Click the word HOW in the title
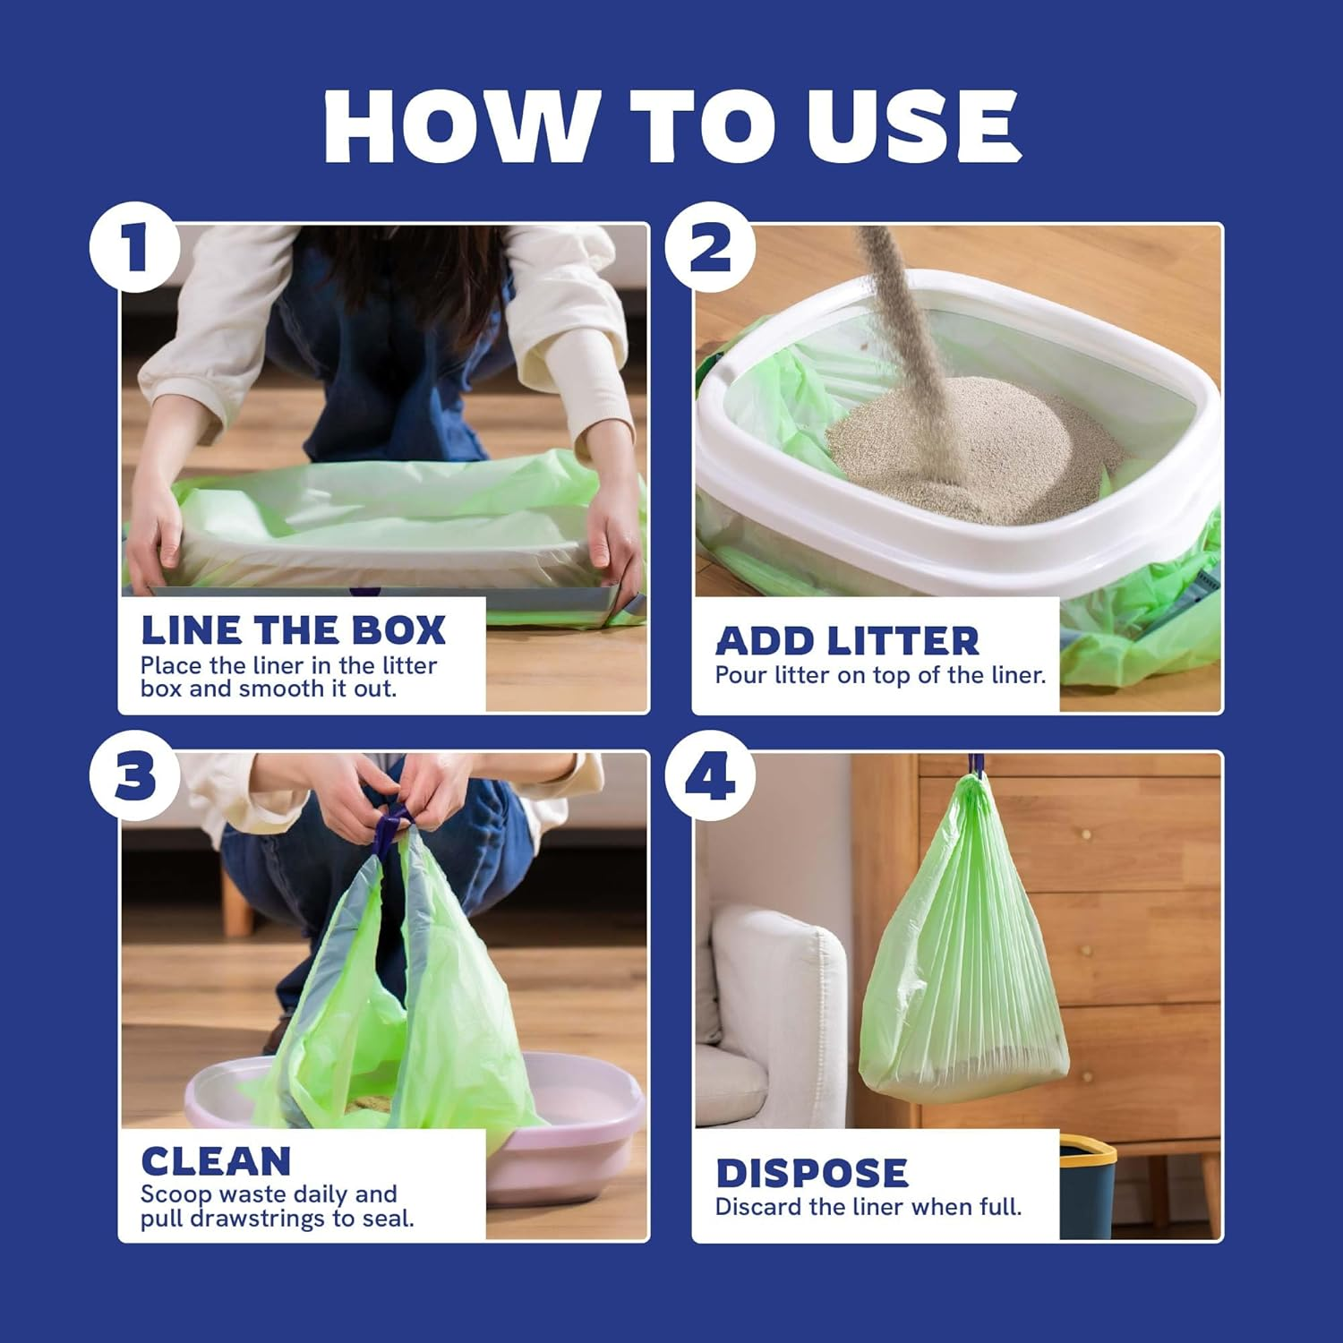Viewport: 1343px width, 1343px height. click(x=460, y=126)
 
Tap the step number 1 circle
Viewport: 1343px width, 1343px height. click(x=134, y=247)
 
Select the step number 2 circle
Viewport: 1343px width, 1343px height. click(x=709, y=247)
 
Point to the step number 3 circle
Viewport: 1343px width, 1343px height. click(x=134, y=775)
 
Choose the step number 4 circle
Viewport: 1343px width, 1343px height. click(x=709, y=775)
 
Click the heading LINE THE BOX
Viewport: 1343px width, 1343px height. click(x=293, y=630)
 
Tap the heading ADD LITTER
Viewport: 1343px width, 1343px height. click(x=847, y=641)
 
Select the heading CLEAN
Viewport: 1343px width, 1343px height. click(x=216, y=1161)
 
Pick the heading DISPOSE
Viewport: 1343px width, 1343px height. click(x=811, y=1173)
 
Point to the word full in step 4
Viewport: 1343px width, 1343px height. click(x=998, y=1207)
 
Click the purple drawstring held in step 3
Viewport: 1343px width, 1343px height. click(x=391, y=828)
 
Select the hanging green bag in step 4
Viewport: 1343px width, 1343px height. click(x=965, y=940)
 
